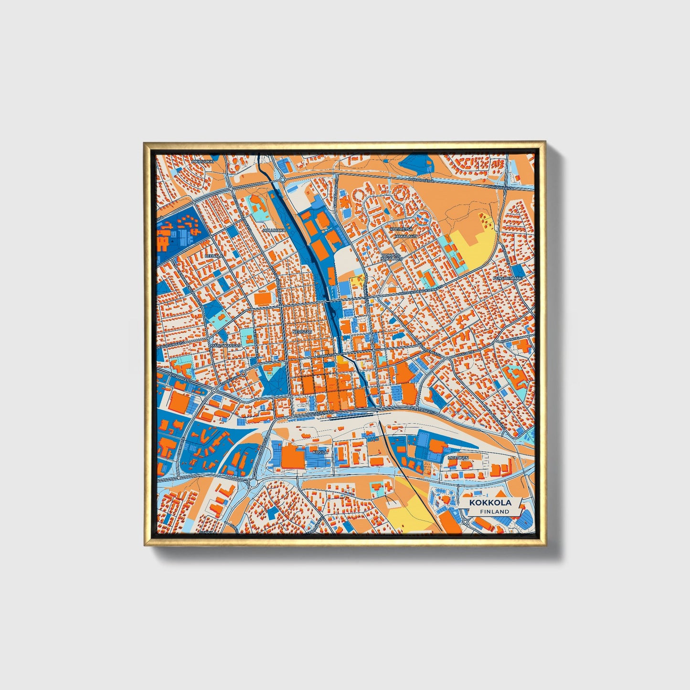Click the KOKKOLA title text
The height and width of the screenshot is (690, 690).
(490, 502)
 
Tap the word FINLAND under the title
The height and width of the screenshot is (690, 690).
(495, 511)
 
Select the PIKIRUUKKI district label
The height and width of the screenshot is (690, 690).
(201, 161)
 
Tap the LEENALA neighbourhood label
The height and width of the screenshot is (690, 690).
(213, 255)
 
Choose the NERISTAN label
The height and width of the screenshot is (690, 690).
(302, 331)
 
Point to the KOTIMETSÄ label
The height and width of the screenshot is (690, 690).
(401, 229)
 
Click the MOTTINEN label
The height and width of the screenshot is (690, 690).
(457, 457)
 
